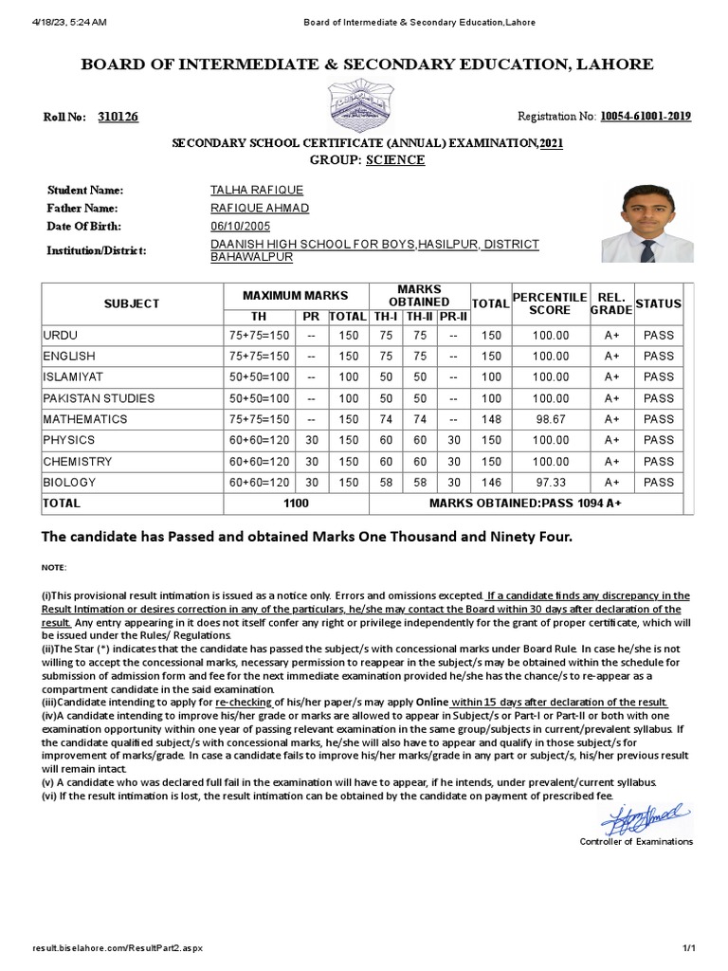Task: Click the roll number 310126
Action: coord(118,117)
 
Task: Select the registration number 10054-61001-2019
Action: coord(645,117)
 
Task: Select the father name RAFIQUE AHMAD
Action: coord(259,209)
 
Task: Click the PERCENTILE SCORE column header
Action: coord(550,303)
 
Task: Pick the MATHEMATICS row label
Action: coord(85,419)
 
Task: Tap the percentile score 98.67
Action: coord(550,419)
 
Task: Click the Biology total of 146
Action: coord(491,483)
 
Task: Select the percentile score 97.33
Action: coord(550,483)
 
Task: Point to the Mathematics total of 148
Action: coord(491,419)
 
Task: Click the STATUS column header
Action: coord(658,303)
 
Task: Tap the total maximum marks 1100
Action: coord(297,504)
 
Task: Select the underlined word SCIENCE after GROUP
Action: coord(395,159)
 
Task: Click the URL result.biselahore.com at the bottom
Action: coord(117,948)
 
